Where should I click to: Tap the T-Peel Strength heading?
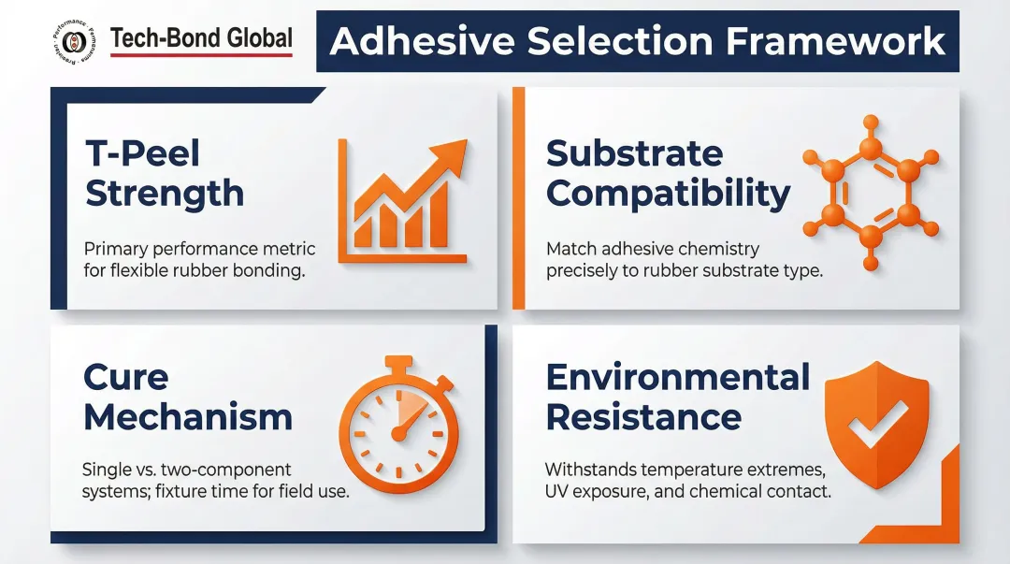164,173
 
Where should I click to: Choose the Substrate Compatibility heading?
668,173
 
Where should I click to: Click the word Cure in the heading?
125,377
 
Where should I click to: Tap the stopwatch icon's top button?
398,363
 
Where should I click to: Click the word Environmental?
678,377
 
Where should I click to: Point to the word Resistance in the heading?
643,417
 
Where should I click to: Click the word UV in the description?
557,491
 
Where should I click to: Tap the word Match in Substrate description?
573,250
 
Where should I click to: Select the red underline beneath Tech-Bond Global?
201,55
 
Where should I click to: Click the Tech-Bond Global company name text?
201,38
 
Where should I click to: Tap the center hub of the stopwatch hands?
397,434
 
